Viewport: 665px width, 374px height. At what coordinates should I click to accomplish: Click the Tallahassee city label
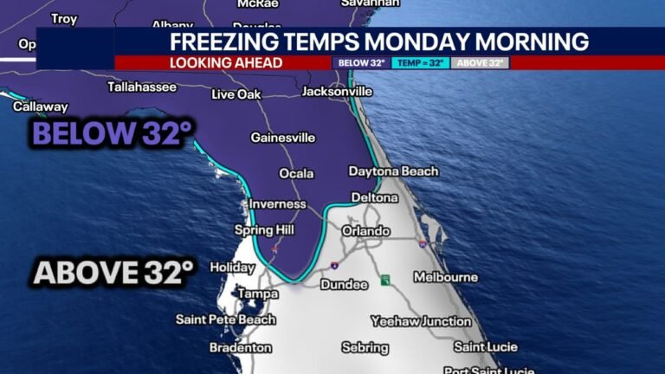coord(142,87)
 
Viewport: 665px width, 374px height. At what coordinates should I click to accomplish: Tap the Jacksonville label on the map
coord(338,91)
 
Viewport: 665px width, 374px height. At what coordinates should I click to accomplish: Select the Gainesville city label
coord(283,138)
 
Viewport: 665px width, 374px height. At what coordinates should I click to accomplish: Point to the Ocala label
coord(296,174)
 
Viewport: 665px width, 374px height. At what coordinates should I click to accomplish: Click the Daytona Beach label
coord(393,171)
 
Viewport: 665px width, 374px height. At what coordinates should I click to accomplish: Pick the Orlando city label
coord(365,231)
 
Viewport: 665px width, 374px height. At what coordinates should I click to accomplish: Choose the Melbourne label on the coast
coord(445,277)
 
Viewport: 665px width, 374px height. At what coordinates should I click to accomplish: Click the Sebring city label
coord(365,347)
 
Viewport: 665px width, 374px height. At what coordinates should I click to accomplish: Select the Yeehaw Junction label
coord(421,321)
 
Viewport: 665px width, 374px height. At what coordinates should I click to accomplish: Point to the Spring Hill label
coord(265,230)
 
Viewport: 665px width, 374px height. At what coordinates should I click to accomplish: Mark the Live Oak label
coord(236,93)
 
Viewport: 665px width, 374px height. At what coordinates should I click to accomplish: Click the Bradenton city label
coord(240,348)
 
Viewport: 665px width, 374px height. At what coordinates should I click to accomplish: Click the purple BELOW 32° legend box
coord(361,63)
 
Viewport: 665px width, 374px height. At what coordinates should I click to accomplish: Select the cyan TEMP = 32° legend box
coord(421,63)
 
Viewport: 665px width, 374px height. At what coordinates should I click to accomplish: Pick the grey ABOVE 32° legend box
coord(481,63)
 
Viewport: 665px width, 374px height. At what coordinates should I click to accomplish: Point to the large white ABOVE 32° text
coord(113,273)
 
